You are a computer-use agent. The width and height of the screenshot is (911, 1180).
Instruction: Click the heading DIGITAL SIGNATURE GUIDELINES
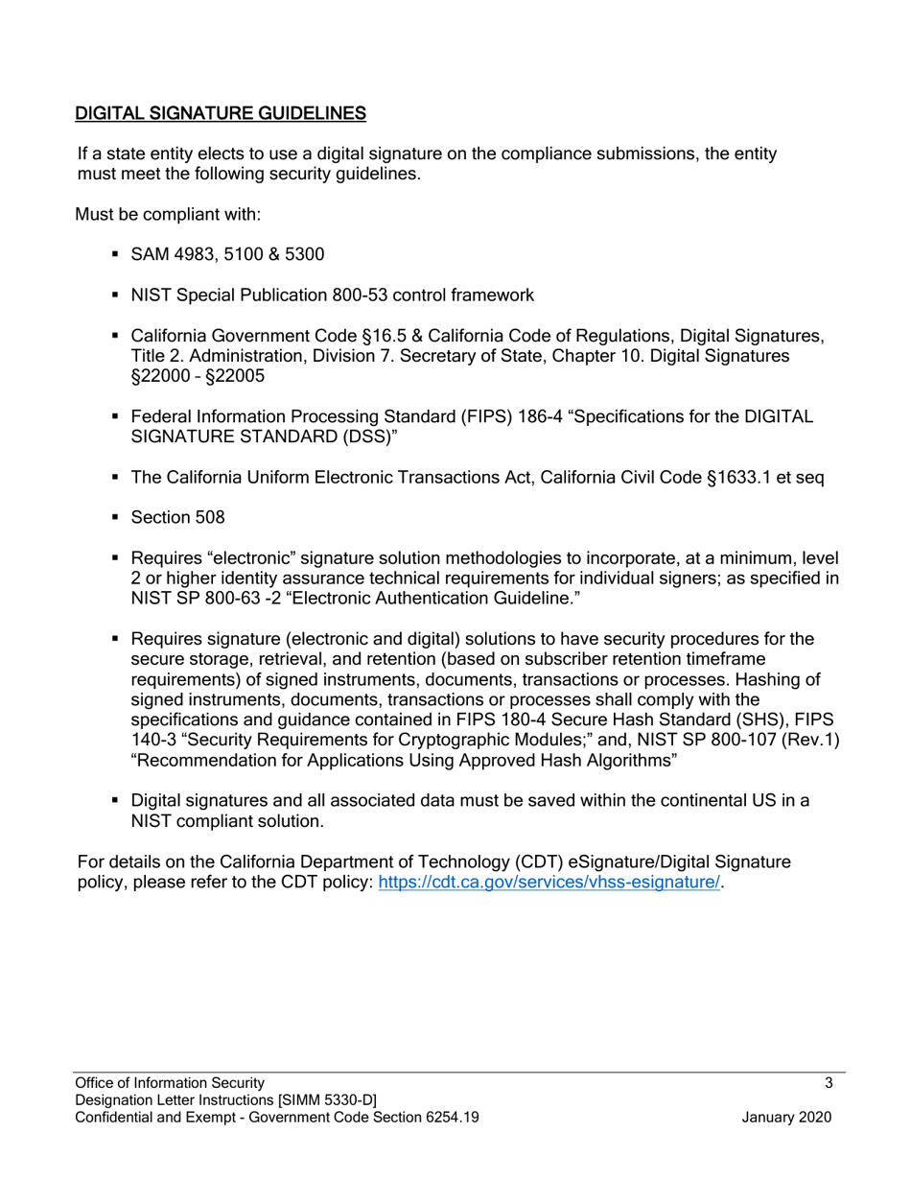click(221, 113)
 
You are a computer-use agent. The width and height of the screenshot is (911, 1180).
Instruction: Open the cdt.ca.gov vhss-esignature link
click(549, 883)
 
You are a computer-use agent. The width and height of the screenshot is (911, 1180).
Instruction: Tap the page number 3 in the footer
click(828, 1083)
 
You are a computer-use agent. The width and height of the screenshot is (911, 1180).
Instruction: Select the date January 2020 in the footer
click(786, 1118)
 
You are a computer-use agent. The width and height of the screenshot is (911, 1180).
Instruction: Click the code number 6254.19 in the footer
click(450, 1118)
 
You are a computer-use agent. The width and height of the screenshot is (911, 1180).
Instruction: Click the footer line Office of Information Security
click(164, 1083)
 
